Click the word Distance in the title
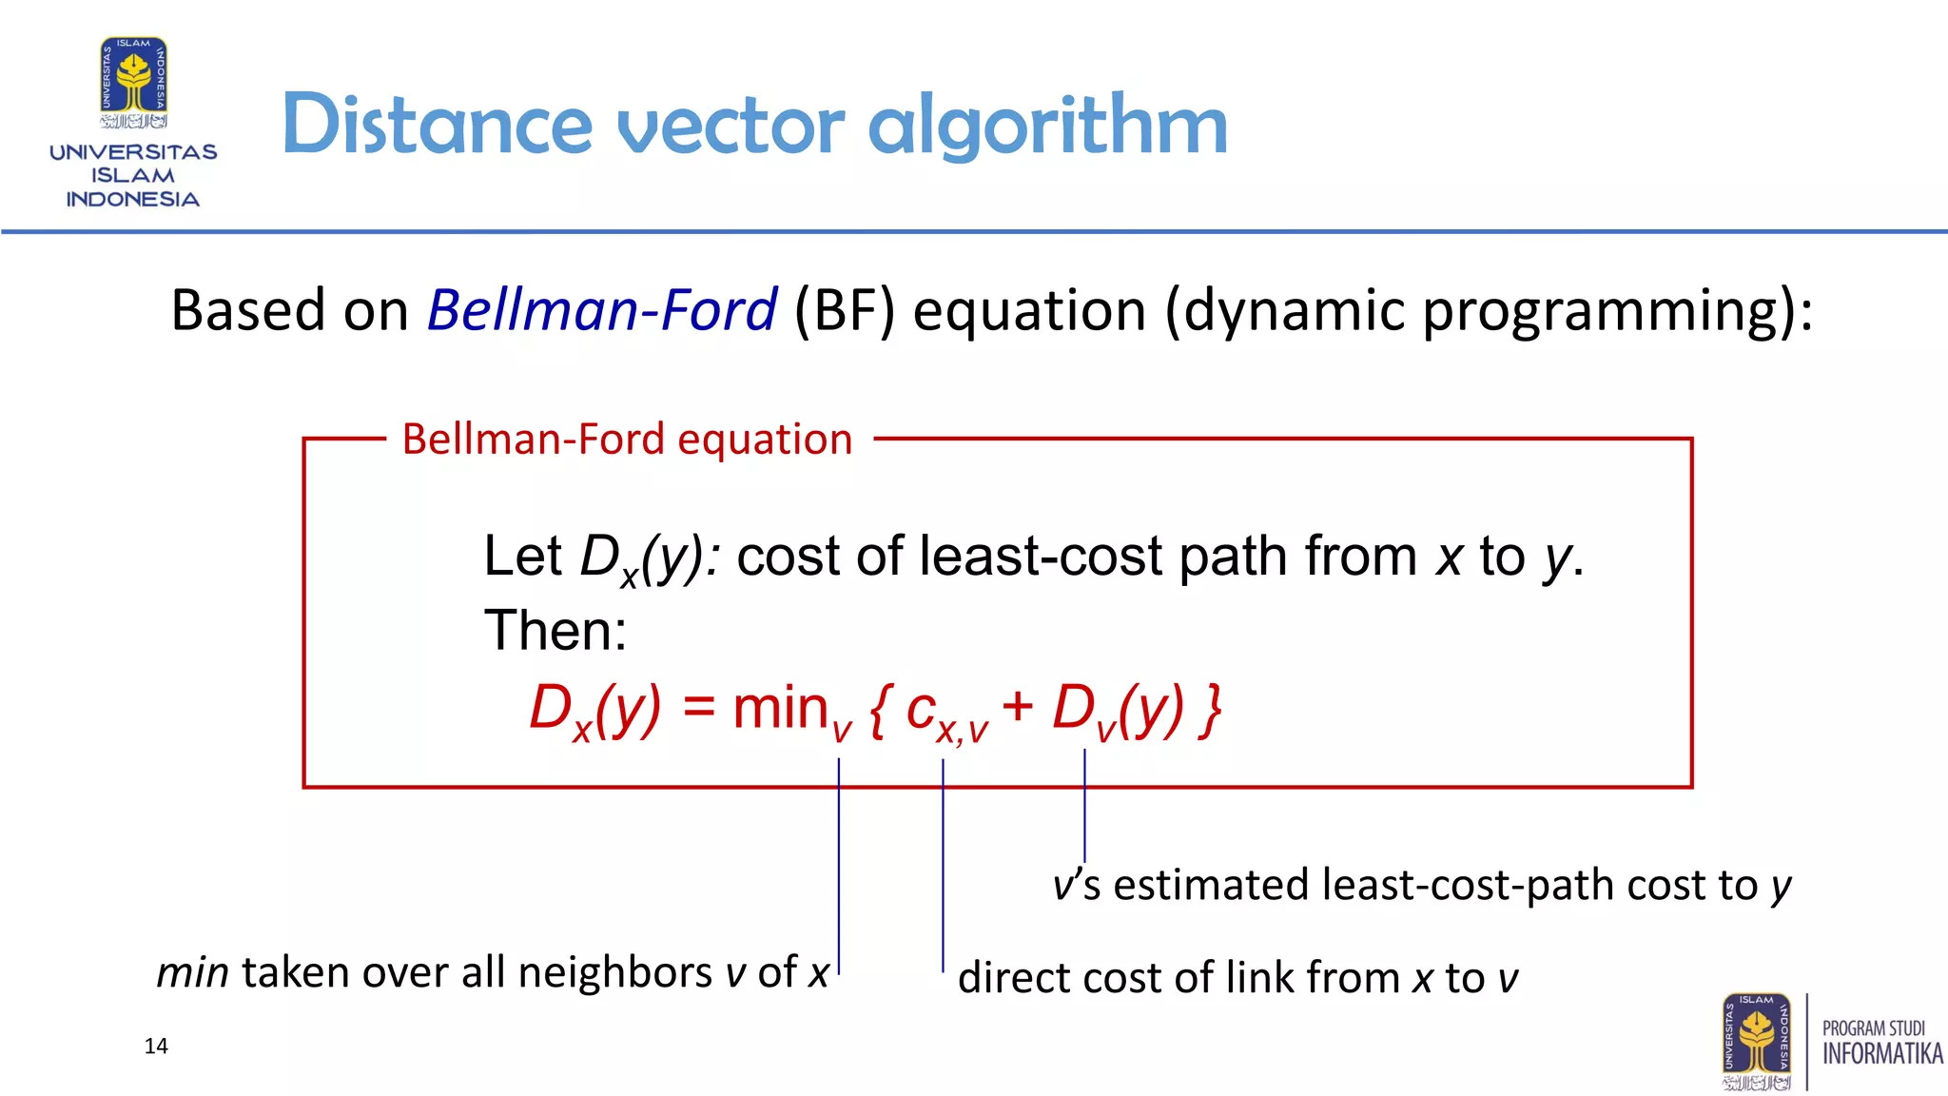coord(438,126)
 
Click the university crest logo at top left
coord(134,82)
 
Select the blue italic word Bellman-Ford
coord(602,311)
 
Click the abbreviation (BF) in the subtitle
coord(845,311)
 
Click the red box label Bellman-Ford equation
coord(627,440)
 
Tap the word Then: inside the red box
coord(555,630)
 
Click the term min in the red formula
coord(780,709)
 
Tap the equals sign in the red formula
coord(698,708)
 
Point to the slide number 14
coord(156,1047)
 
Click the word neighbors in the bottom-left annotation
coord(614,972)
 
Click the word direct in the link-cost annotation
coord(1014,978)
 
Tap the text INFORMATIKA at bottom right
coord(1881,1054)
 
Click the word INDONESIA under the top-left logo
coord(132,200)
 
